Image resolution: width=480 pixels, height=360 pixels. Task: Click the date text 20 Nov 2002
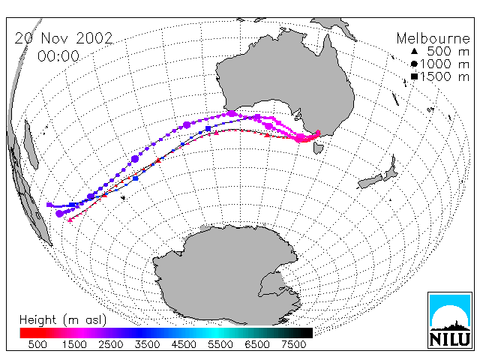(x=64, y=38)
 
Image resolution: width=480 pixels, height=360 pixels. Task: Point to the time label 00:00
(x=58, y=56)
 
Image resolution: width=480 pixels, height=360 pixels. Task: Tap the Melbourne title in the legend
(x=433, y=38)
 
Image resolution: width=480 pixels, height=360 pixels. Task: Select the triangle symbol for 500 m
(x=414, y=51)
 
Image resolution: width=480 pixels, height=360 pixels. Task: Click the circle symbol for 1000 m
(x=414, y=64)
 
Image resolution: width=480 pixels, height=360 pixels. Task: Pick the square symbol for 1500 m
(x=414, y=76)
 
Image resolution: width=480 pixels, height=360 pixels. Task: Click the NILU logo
(x=450, y=320)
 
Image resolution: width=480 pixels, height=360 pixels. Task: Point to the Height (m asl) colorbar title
(x=63, y=320)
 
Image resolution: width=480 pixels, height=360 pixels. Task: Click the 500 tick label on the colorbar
(x=37, y=344)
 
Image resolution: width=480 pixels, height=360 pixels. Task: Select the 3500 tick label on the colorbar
(x=147, y=344)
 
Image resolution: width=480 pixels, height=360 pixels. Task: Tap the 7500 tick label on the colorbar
(x=293, y=344)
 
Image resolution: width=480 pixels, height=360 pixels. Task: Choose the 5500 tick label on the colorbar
(x=220, y=344)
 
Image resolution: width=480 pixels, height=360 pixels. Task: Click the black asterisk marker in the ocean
(x=123, y=198)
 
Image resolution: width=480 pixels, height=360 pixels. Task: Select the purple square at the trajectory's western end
(x=49, y=205)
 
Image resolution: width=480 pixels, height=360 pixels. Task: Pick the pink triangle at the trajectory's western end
(x=70, y=220)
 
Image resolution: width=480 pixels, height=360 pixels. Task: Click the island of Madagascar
(x=31, y=145)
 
